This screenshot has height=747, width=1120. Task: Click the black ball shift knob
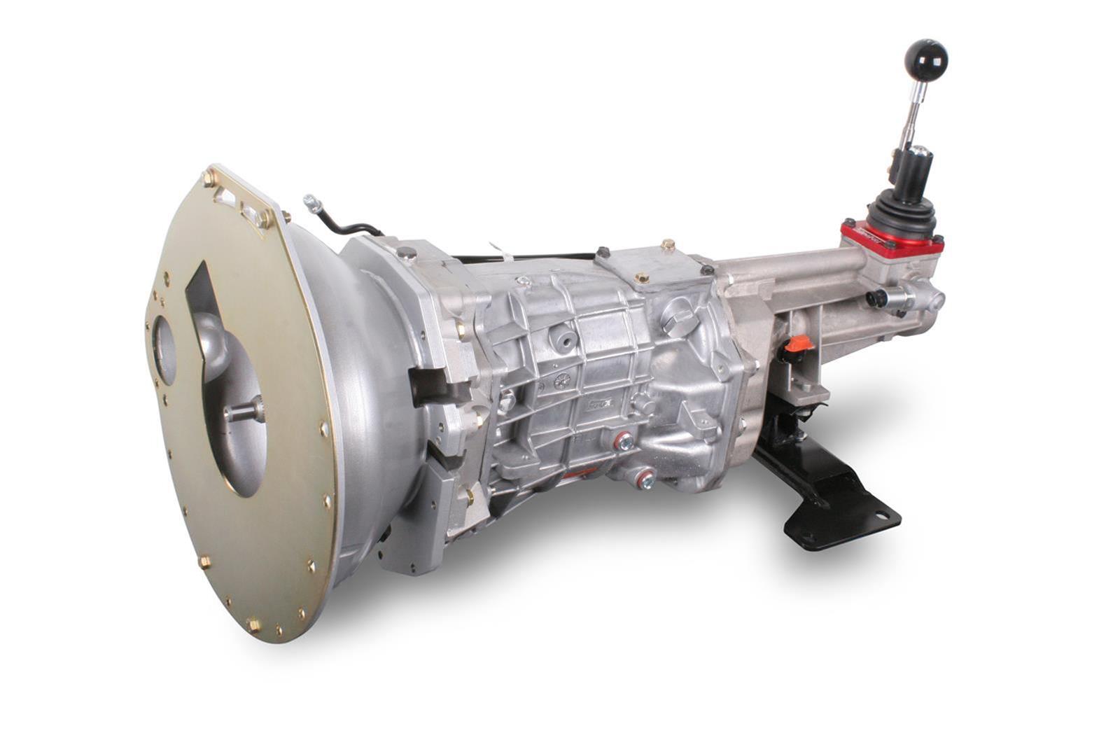(x=925, y=60)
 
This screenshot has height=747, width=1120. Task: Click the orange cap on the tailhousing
(x=798, y=344)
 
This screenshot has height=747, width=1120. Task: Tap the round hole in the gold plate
(x=165, y=350)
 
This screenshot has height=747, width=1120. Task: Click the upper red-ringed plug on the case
(x=622, y=441)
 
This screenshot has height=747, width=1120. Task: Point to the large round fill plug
(x=677, y=316)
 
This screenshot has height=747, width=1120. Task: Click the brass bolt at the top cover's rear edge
(x=667, y=245)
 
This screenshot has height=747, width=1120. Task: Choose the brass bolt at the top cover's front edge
(x=641, y=278)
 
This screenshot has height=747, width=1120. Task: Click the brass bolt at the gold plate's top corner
(x=209, y=179)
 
